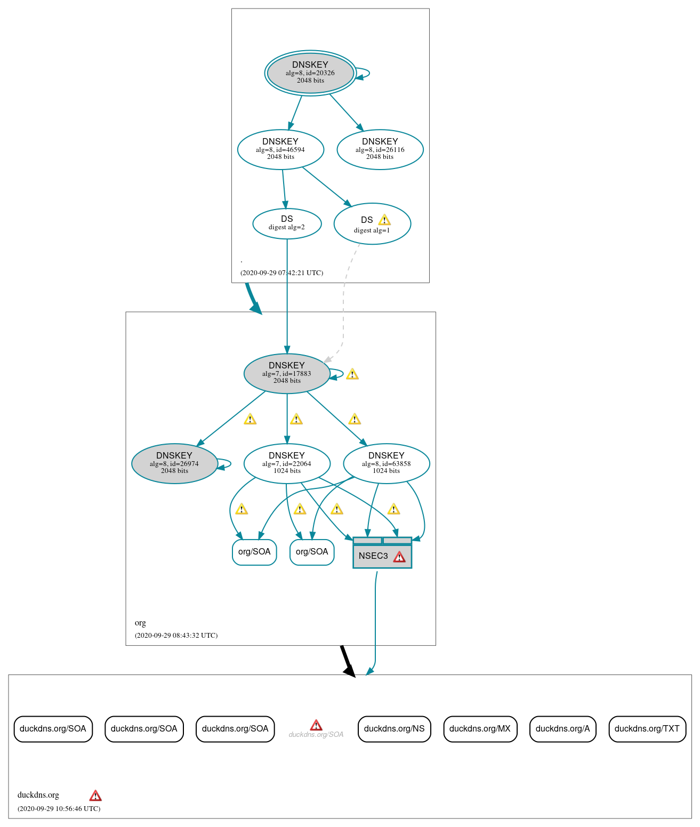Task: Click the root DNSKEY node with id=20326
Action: (310, 73)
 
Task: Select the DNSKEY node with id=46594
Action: (280, 150)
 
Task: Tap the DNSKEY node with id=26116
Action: (380, 150)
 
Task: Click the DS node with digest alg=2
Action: (287, 223)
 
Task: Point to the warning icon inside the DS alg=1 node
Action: (384, 220)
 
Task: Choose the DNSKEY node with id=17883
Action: (287, 374)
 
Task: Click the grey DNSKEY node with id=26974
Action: (174, 464)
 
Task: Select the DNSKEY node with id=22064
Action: (287, 464)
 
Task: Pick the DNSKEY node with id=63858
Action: (387, 464)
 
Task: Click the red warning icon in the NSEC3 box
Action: (399, 557)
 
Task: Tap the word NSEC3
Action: (373, 556)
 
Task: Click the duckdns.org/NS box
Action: (394, 729)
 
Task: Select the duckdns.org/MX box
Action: (480, 729)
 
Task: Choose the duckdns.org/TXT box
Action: (647, 729)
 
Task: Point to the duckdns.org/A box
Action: (562, 729)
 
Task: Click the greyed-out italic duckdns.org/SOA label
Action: (316, 735)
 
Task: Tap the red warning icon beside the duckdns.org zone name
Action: (95, 796)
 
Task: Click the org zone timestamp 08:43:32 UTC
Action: (176, 636)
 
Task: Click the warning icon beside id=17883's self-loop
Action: (352, 374)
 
